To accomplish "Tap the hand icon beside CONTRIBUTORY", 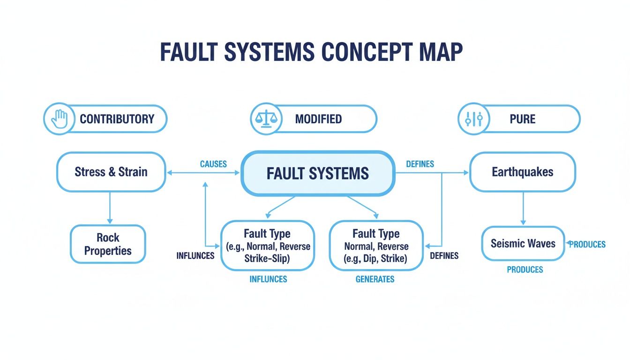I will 60,119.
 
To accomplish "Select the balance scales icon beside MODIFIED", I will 266,119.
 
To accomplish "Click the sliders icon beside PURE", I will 473,119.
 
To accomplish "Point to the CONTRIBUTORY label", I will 117,119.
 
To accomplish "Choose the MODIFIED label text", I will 318,119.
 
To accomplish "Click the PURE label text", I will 522,119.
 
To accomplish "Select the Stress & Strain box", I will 111,172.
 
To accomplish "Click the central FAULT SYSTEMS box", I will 317,173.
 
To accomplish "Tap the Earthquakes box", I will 522,172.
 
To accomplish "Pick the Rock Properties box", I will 108,244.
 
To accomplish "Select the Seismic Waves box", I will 523,244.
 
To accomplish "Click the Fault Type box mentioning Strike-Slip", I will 267,246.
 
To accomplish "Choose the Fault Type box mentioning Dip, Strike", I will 376,246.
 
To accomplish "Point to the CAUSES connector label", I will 213,164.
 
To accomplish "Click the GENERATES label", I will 375,279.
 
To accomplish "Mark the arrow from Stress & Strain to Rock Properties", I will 110,207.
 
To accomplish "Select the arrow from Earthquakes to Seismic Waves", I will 523,208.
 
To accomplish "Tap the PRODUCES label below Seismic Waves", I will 525,270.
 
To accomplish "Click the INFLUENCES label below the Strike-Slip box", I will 268,279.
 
